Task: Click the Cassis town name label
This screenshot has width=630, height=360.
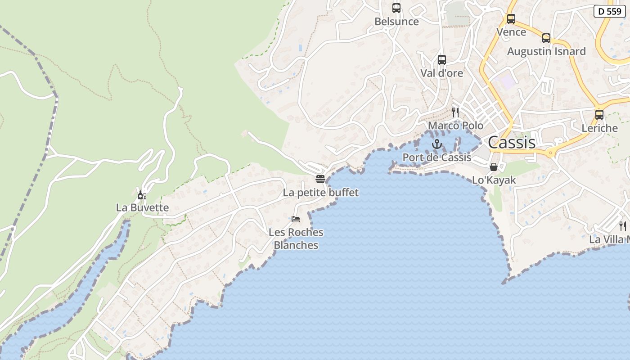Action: [512, 143]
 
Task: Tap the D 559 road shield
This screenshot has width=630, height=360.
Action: [609, 11]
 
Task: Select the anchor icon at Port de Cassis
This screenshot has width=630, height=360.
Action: [436, 144]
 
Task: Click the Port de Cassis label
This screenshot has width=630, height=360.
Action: [436, 157]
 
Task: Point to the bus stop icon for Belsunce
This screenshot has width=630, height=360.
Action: [396, 8]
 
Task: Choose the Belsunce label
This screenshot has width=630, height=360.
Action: [396, 22]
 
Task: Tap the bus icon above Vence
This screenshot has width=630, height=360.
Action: [511, 19]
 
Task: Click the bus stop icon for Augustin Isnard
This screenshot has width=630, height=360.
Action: [546, 38]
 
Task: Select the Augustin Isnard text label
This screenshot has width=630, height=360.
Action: [546, 51]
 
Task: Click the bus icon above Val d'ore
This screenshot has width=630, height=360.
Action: [441, 60]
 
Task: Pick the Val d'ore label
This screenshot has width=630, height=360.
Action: [441, 73]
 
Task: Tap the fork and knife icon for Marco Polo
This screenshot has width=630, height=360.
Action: [455, 112]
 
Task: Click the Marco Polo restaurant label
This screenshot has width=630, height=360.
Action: [455, 126]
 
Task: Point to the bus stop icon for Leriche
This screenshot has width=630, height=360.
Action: [599, 115]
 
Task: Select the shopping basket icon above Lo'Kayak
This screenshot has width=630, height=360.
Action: [493, 167]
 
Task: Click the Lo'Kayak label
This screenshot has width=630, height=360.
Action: [494, 180]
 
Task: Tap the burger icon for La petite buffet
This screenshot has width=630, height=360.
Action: [320, 179]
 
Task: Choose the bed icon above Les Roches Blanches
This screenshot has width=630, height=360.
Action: [296, 219]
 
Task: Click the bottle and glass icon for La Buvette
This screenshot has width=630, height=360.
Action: [142, 195]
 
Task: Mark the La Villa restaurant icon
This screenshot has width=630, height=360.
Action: [622, 226]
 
